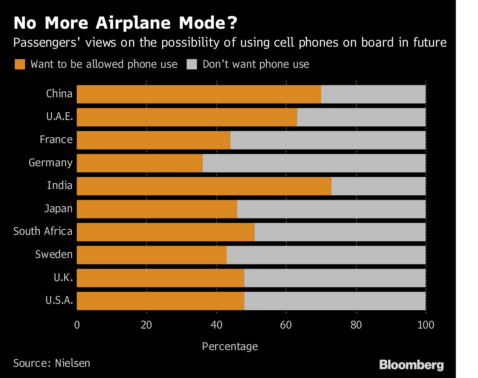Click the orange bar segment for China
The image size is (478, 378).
point(198,94)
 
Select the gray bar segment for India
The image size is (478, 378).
point(378,186)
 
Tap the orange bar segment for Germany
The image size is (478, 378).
point(139,163)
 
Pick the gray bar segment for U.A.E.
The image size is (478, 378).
point(361,117)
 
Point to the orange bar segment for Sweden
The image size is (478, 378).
point(151,255)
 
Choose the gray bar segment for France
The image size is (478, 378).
point(328,140)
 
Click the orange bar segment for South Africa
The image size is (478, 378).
point(165,232)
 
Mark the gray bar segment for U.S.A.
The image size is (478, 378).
point(335,301)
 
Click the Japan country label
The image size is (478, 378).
point(58,209)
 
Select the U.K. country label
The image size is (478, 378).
point(63,278)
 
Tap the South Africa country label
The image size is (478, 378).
point(43,231)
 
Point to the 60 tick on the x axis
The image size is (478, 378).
point(286,325)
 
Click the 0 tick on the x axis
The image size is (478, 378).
point(77,325)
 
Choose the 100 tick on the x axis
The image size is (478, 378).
point(425,325)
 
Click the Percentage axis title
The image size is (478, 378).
point(230,346)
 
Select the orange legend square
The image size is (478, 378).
point(20,64)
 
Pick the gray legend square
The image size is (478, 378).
point(192,64)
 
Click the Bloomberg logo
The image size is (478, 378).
point(411,364)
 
